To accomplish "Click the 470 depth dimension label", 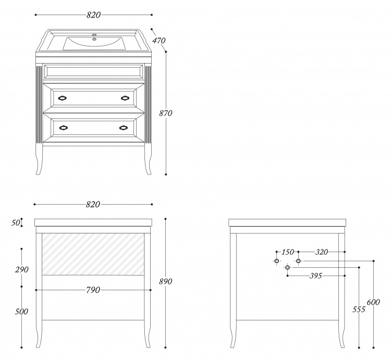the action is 159,40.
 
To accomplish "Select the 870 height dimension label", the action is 166,114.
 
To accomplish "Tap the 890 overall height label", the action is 166,281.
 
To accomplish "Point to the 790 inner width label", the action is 93,290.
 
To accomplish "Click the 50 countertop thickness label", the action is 16,223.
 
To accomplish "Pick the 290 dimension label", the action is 22,269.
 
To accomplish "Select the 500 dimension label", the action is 21,312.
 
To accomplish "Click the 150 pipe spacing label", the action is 287,252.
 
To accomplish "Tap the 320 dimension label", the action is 322,252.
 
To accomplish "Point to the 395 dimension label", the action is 316,276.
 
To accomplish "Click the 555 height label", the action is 359,309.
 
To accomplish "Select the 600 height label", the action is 373,302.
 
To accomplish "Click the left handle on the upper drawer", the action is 63,98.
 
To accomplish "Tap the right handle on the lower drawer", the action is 124,128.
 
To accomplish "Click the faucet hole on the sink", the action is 94,35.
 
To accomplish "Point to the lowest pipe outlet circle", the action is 287,267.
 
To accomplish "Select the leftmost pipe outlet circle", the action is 276,261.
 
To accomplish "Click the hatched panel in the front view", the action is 93,254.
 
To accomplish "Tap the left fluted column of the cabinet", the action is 39,105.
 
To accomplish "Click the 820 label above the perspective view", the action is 93,15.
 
